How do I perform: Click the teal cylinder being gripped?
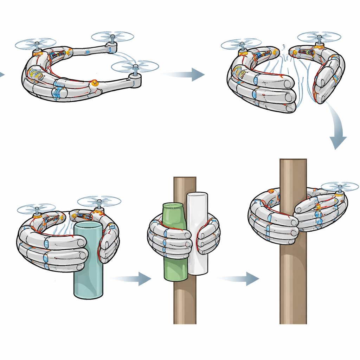point(88,278)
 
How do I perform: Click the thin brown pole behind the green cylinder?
point(185,302)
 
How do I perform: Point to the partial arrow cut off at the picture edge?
point(2,74)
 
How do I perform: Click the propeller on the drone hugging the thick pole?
point(340,186)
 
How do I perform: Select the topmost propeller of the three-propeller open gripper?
point(112,36)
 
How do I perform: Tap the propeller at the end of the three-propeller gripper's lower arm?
point(135,66)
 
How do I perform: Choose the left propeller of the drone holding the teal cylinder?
point(36,208)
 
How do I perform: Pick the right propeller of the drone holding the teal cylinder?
point(99,201)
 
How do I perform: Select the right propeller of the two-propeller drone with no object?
point(319,37)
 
